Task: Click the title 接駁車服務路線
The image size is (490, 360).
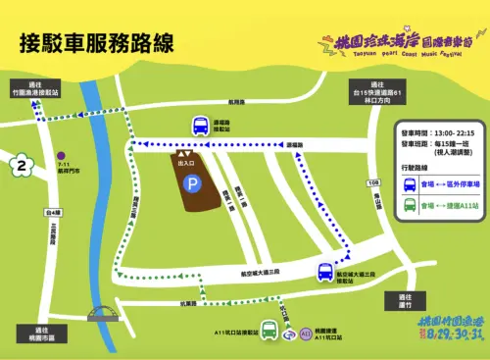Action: (x=96, y=43)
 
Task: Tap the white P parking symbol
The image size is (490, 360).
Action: (x=194, y=182)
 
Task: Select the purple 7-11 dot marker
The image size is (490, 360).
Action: (x=61, y=154)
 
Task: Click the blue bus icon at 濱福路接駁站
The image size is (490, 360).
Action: (x=200, y=126)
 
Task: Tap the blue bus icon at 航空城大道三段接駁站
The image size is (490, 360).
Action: (x=324, y=272)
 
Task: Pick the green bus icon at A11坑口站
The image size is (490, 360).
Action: (x=269, y=329)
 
